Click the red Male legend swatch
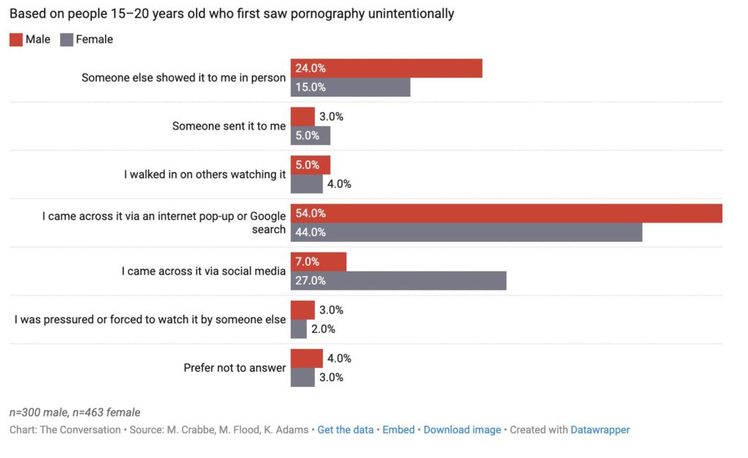(16, 40)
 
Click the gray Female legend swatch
(67, 40)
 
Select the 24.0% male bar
(386, 68)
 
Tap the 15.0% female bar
(351, 87)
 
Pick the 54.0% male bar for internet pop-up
(506, 214)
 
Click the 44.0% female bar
(466, 232)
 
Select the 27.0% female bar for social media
(398, 280)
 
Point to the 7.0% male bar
(318, 262)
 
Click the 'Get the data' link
(345, 429)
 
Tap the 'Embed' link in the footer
(398, 429)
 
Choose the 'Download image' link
(462, 429)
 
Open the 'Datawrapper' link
(600, 429)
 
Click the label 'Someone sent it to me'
(229, 126)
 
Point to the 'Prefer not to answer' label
(234, 368)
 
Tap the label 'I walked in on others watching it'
(205, 174)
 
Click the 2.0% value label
(323, 329)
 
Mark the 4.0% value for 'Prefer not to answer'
(339, 358)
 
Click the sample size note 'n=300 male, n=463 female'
(75, 413)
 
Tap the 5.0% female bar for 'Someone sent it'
(310, 135)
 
